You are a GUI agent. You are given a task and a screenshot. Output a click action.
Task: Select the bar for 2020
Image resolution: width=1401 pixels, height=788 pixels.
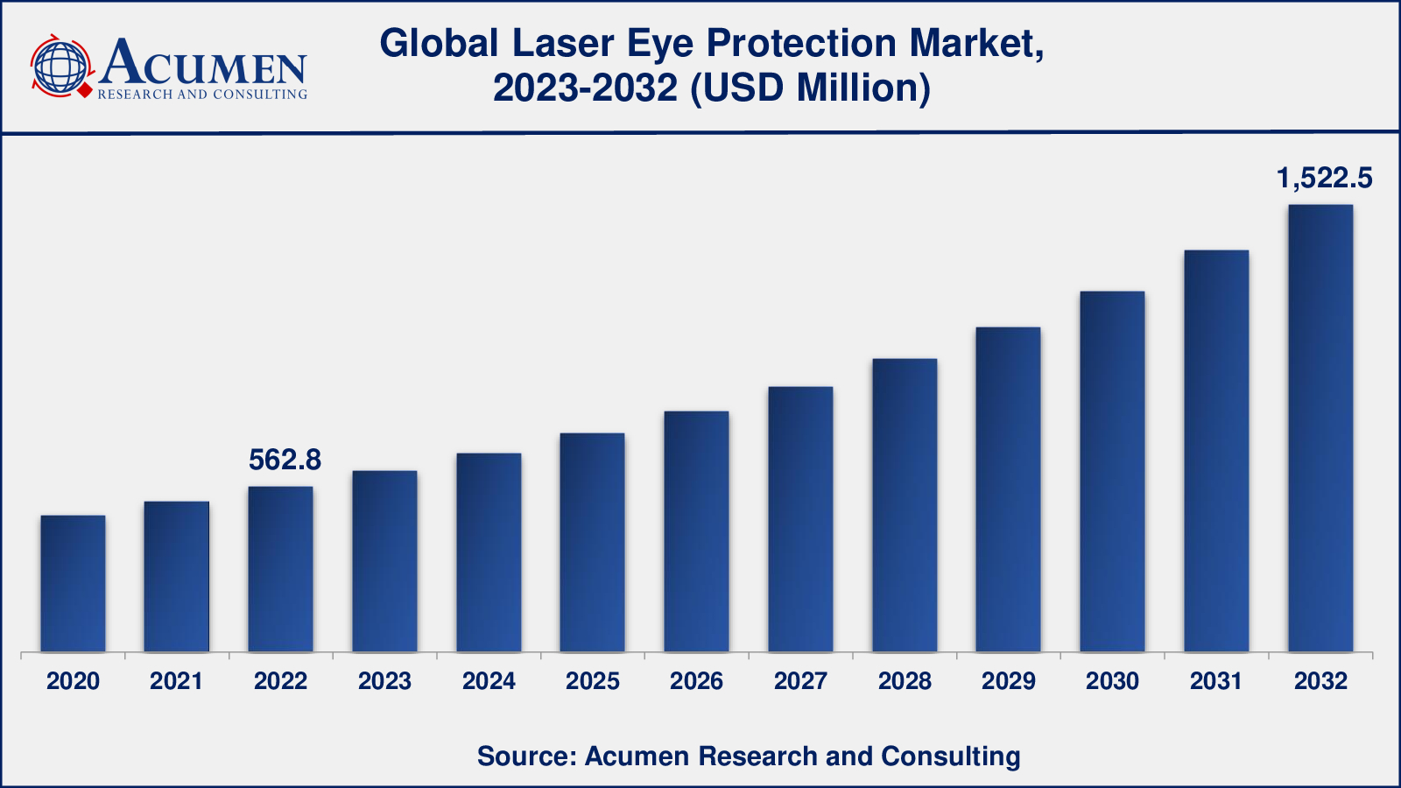[73, 583]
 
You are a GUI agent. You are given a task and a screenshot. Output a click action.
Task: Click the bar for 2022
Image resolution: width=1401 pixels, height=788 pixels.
[280, 569]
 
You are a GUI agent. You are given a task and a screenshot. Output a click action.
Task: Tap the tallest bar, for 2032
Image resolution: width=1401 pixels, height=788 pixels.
[1320, 428]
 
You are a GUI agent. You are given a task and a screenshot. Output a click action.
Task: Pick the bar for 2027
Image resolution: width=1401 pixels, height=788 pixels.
[800, 519]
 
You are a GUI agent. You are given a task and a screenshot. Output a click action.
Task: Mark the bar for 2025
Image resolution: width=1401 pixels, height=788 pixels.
[592, 542]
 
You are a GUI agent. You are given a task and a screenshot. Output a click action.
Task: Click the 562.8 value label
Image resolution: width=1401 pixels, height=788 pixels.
[285, 460]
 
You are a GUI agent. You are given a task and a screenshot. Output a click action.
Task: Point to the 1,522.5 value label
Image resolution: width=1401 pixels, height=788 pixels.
[1324, 179]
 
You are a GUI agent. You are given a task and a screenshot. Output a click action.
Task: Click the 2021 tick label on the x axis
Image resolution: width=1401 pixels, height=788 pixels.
[176, 681]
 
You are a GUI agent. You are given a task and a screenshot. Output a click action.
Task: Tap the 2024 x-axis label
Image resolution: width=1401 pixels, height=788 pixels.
[489, 681]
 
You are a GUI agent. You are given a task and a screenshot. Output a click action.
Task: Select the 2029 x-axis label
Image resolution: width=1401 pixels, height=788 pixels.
[1009, 681]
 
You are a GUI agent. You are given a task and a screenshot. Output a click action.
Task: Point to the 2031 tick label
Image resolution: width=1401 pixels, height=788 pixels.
[1216, 681]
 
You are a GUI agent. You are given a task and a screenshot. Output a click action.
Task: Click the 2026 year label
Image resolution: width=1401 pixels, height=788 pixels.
[696, 681]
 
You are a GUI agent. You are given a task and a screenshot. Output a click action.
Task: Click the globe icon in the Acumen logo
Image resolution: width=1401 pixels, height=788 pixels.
[60, 66]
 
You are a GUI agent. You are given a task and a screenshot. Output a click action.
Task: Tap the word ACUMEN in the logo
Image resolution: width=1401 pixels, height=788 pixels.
[203, 63]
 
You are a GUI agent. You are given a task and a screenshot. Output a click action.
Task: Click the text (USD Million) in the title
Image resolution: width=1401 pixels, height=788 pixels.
[810, 88]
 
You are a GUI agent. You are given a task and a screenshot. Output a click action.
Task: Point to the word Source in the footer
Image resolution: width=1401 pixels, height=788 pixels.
[523, 756]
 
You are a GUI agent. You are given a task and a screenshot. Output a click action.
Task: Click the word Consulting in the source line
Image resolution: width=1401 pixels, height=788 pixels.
[950, 756]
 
